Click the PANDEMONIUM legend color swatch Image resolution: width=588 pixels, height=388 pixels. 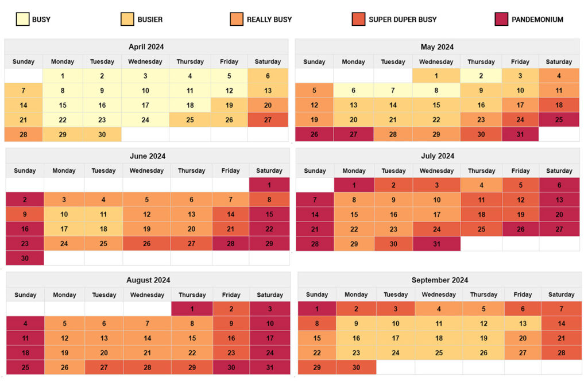pyautogui.click(x=501, y=19)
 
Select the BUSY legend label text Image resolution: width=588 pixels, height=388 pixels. pyautogui.click(x=41, y=20)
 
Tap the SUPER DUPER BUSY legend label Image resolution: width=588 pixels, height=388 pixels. pyautogui.click(x=403, y=20)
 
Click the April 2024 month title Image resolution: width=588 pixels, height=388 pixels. pyautogui.click(x=146, y=47)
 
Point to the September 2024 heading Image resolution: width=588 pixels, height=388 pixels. pyautogui.click(x=439, y=280)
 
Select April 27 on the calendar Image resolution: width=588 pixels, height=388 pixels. pyautogui.click(x=268, y=120)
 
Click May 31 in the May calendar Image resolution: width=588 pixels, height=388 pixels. pyautogui.click(x=520, y=134)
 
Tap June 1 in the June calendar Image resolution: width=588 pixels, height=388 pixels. pyautogui.click(x=269, y=185)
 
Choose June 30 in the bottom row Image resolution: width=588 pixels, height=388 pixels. pyautogui.click(x=25, y=258)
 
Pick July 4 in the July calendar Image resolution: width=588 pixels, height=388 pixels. pyautogui.click(x=481, y=185)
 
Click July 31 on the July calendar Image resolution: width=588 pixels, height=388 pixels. pyautogui.click(x=436, y=243)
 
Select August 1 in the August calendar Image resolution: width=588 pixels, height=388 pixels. pyautogui.click(x=192, y=309)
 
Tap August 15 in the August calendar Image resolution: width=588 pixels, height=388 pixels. pyautogui.click(x=192, y=338)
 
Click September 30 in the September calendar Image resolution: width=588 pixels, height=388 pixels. pyautogui.click(x=356, y=367)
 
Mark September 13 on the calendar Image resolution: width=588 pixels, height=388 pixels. pyautogui.click(x=523, y=324)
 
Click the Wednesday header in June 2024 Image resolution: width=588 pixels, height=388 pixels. pyautogui.click(x=147, y=170)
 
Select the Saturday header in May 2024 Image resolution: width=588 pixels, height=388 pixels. pyautogui.click(x=559, y=61)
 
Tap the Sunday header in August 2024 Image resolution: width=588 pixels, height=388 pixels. pyautogui.click(x=25, y=294)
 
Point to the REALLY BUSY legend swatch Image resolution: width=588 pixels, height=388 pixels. pyautogui.click(x=236, y=19)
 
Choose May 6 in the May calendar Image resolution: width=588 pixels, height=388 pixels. pyautogui.click(x=353, y=91)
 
